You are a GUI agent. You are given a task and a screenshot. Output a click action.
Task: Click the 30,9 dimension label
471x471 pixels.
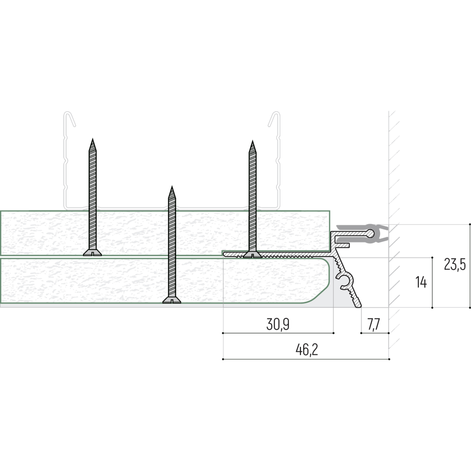278,325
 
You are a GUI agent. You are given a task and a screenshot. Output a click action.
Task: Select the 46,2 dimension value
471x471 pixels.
307,350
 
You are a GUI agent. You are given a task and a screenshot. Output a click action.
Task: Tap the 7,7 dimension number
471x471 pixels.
374,325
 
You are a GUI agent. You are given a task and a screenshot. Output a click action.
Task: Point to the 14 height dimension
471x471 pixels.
421,282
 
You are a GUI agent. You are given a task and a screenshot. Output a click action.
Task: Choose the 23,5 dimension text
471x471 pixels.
455,264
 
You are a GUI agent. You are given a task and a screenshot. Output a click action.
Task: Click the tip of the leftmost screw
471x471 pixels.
92,139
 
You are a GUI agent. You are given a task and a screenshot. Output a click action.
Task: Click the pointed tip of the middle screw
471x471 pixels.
172,187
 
